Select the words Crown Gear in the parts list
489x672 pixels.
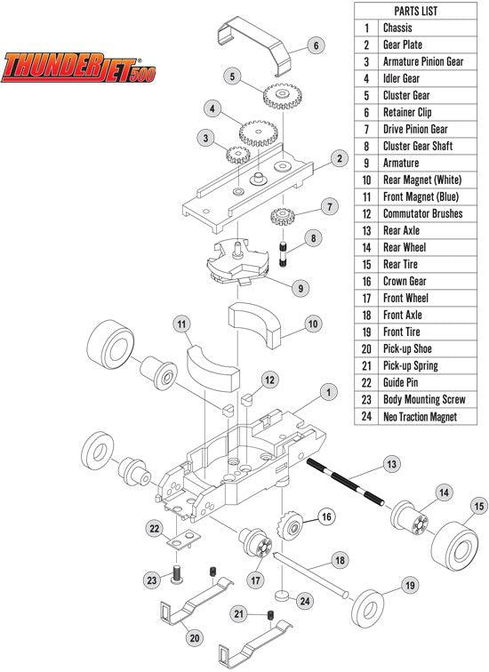pos(405,281)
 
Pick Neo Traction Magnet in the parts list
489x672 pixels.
pos(426,416)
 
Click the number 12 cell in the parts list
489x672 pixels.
pos(366,213)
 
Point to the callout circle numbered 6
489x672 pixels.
pos(314,44)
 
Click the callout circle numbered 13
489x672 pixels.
pos(391,465)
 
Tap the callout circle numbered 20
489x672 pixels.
pos(193,637)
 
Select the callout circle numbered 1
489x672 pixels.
pos(327,391)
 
